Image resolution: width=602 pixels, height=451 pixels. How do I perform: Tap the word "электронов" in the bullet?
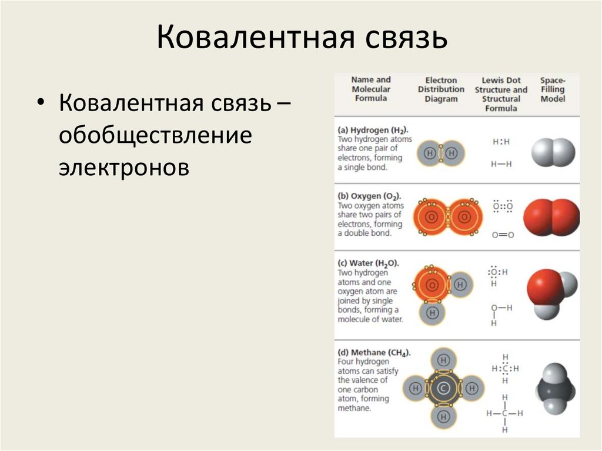124,168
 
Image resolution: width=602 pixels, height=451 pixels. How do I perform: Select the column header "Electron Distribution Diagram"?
441,89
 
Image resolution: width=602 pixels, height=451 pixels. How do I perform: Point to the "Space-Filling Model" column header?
553,89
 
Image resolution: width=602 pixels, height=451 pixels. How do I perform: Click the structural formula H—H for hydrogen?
501,164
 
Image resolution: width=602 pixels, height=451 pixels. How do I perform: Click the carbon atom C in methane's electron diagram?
444,388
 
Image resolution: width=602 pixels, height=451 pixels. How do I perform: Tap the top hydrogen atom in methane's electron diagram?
444,359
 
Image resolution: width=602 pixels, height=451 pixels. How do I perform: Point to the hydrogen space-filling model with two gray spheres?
553,153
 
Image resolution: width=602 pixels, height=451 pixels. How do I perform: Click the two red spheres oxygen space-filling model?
551,218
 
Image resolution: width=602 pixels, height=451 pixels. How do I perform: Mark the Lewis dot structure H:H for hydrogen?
501,142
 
